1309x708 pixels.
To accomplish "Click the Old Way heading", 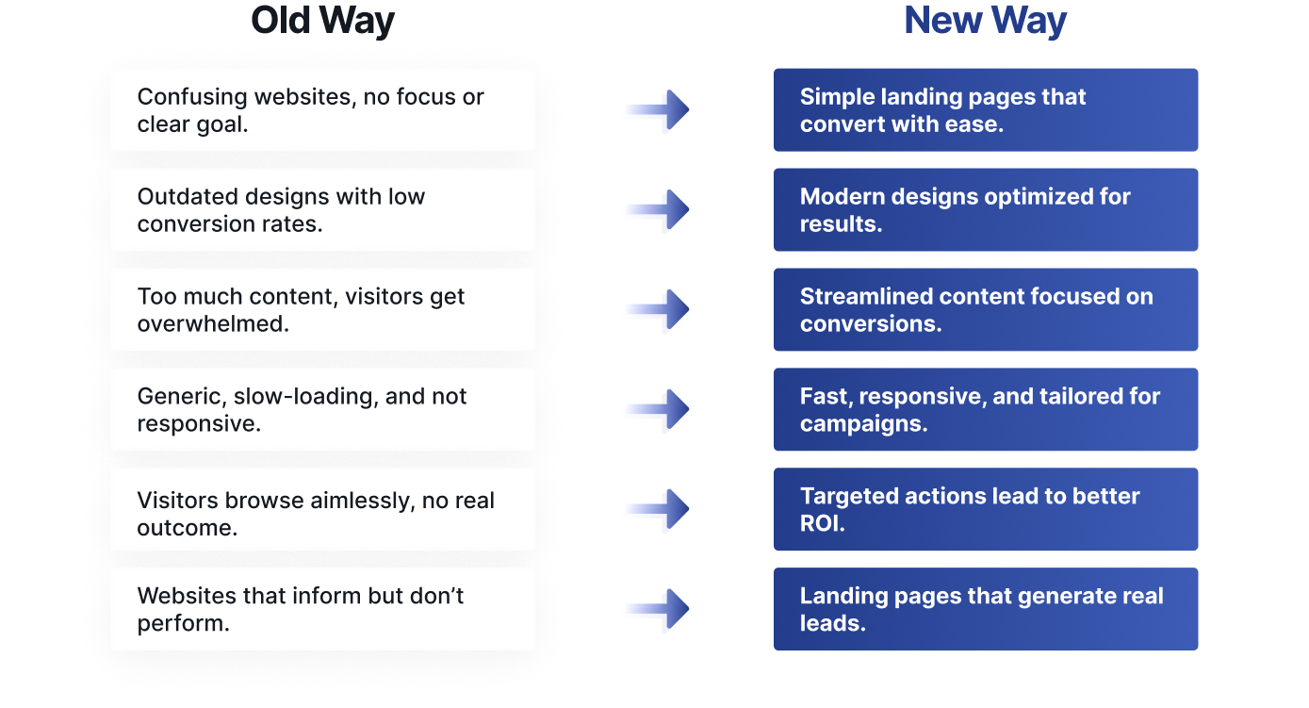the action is click(x=322, y=21).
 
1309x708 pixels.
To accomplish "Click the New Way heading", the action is click(x=985, y=21).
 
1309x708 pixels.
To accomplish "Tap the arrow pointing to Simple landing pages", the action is click(x=659, y=109).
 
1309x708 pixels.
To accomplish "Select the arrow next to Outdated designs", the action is click(x=659, y=209).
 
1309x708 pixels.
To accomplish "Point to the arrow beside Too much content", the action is click(x=659, y=309).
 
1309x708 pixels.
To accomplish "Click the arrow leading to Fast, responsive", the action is click(x=659, y=409).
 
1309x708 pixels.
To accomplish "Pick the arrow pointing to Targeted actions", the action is click(x=659, y=509).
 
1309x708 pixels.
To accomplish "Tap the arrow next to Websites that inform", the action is click(x=659, y=609).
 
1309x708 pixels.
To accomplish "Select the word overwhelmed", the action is click(x=213, y=323).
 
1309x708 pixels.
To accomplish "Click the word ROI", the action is click(x=822, y=523).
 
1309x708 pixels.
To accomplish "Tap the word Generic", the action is click(x=182, y=397).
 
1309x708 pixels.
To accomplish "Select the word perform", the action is click(x=183, y=624).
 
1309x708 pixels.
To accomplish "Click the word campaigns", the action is click(x=863, y=424).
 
